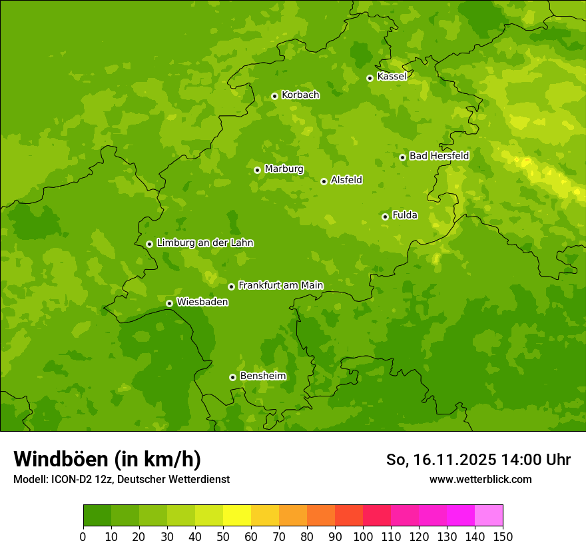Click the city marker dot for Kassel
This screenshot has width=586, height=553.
pos(370,78)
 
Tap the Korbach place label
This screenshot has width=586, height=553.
pos(300,95)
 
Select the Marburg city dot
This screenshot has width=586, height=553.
pos(257,170)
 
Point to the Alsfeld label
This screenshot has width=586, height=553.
pos(346,180)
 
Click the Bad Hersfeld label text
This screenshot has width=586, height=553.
pos(439,156)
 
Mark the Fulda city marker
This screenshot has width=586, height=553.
pos(385,217)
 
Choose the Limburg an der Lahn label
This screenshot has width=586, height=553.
pos(204,243)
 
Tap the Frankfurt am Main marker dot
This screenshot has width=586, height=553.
pos(231,286)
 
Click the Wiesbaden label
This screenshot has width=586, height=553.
pos(202,302)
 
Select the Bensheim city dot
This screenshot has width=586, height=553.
pos(232,377)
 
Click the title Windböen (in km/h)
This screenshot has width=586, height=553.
pos(107,459)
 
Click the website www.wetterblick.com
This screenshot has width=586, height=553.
pos(480,479)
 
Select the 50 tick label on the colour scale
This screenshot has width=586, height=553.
pos(223,536)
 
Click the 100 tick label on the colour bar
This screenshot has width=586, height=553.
pos(363,536)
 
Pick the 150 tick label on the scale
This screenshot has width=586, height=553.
pos(503,536)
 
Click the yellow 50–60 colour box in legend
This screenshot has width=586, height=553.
pos(237,516)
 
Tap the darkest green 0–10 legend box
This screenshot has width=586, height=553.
pos(97,516)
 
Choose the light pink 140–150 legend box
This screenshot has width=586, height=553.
pos(489,516)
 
